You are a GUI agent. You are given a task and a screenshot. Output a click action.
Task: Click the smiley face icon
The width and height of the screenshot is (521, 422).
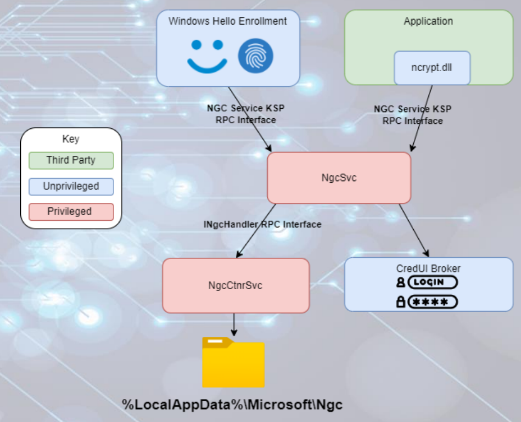[207, 56]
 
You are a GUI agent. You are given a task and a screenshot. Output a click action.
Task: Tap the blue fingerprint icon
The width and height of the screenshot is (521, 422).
[255, 56]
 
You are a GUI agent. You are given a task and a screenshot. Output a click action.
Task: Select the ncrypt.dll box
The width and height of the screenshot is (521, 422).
[432, 68]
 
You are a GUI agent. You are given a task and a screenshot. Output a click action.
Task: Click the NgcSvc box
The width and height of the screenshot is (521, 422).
[339, 178]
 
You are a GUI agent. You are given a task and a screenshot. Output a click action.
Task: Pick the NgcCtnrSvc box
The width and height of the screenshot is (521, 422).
[236, 285]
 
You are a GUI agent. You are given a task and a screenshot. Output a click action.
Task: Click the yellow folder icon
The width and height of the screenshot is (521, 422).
[233, 363]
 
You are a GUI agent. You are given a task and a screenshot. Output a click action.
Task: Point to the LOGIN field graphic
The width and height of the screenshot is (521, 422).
[432, 282]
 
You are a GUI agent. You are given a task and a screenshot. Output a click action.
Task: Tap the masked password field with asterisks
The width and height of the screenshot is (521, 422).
[432, 302]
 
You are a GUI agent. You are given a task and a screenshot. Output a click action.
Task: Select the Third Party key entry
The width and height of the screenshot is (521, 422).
[71, 160]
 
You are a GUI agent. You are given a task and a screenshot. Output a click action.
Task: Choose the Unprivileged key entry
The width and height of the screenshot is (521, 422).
[71, 186]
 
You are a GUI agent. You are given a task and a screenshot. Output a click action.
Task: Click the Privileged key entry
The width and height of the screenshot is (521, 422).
[71, 212]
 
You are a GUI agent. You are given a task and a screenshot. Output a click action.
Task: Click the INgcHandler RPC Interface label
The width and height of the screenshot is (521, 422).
[262, 224]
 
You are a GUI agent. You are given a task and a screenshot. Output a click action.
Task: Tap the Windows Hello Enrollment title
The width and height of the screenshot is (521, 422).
[227, 21]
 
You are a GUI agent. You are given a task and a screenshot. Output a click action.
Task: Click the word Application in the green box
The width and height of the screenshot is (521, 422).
[428, 21]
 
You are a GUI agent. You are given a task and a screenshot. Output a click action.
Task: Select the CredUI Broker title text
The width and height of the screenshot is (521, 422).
[428, 268]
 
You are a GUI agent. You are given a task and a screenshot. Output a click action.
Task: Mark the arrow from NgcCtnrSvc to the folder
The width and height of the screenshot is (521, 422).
[233, 323]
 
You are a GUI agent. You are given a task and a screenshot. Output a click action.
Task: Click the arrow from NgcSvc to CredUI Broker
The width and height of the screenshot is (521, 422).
[414, 230]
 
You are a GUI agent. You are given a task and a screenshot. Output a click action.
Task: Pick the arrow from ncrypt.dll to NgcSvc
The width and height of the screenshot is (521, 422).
[422, 118]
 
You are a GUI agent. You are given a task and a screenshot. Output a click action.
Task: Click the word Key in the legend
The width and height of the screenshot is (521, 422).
[71, 140]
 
